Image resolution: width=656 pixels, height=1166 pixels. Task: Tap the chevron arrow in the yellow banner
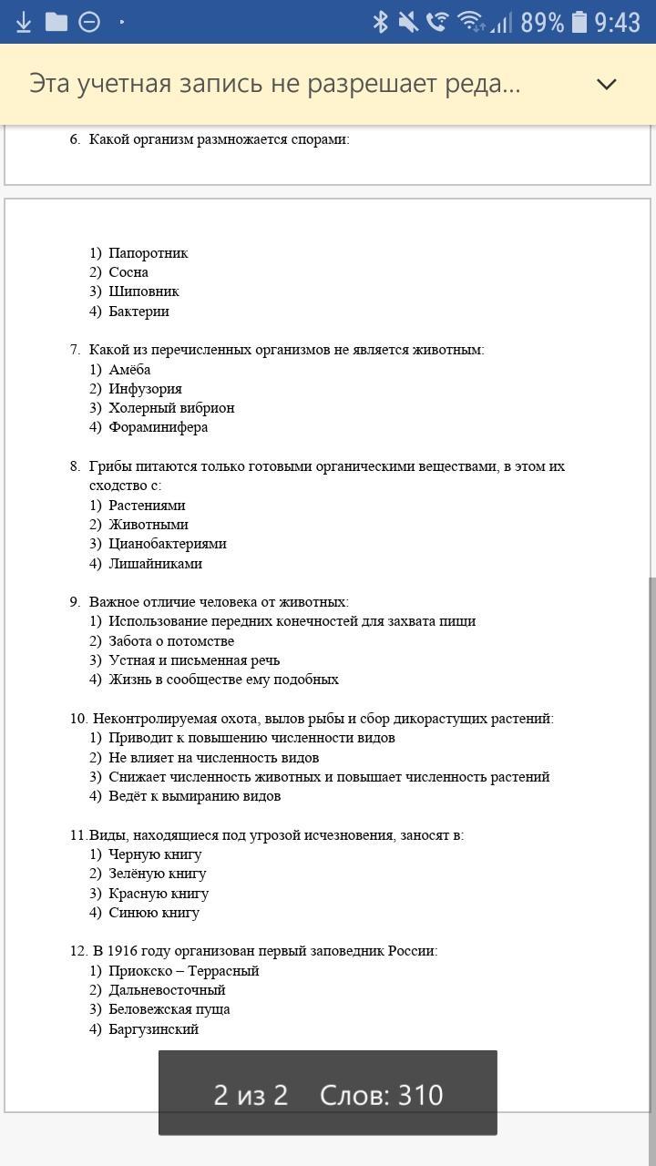[607, 84]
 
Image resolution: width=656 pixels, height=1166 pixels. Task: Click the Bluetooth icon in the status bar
[381, 21]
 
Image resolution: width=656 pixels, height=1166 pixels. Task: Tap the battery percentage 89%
[542, 22]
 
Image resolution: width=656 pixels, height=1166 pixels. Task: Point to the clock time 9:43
[618, 22]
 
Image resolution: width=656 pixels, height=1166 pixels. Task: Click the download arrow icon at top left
[24, 21]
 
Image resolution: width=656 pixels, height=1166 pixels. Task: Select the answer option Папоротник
[148, 253]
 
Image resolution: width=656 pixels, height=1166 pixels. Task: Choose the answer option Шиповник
[144, 291]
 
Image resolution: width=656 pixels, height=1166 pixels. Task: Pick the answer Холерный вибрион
[171, 408]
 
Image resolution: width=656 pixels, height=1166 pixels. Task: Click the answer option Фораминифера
[158, 427]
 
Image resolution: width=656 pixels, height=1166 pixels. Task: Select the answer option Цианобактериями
[167, 544]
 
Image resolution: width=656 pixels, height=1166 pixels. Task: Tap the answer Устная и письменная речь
[194, 660]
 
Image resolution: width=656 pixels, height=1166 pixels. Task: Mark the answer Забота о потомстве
[171, 641]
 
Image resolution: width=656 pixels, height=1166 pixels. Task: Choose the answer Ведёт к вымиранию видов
[194, 796]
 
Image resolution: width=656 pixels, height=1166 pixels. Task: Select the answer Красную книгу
[159, 894]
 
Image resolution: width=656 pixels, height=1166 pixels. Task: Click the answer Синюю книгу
[154, 913]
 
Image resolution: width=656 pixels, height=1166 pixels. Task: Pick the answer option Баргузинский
[153, 1029]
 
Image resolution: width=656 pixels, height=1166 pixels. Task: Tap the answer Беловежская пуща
[169, 1009]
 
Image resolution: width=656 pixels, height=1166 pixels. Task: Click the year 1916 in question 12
[123, 951]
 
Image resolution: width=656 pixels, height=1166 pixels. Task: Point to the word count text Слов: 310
[381, 1094]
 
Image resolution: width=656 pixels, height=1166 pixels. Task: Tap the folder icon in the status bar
[56, 21]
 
